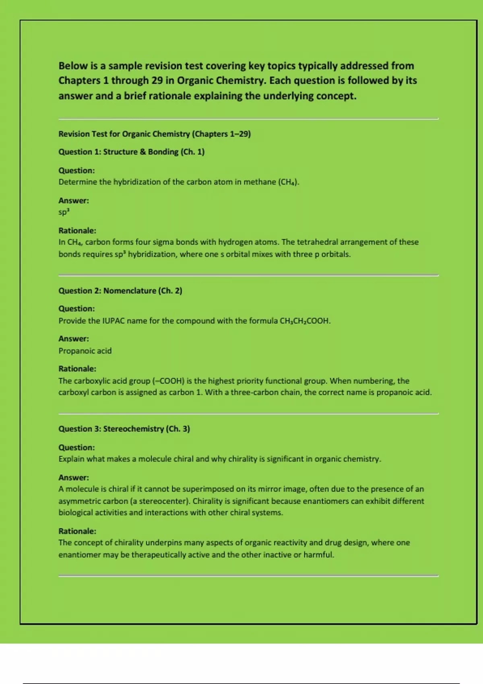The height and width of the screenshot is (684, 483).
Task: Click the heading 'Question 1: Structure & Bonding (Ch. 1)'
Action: tap(131, 152)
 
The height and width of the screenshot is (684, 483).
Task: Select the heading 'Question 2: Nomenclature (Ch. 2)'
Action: tap(120, 290)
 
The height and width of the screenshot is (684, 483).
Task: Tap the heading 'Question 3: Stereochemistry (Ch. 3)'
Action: tap(124, 429)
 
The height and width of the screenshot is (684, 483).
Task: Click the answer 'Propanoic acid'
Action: tap(85, 350)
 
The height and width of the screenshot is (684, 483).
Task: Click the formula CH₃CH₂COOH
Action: tap(305, 321)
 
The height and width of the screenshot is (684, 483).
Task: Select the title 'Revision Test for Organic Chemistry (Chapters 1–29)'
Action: tap(155, 134)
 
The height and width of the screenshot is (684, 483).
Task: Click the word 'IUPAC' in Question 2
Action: tap(114, 321)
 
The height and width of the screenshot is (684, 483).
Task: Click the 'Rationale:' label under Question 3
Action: tap(77, 531)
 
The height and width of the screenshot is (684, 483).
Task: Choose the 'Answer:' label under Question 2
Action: tap(74, 338)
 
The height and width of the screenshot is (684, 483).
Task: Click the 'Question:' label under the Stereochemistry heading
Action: tap(76, 447)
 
